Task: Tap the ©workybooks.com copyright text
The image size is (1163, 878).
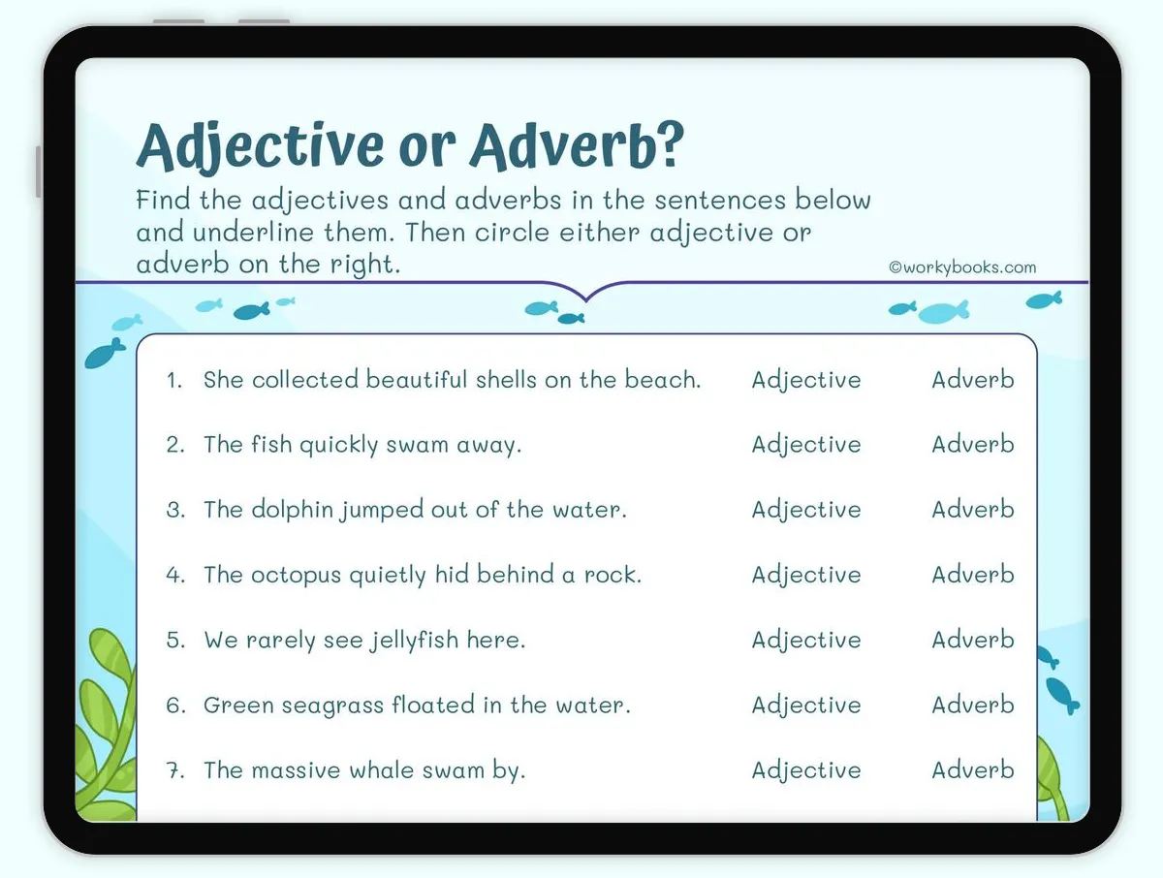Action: point(962,267)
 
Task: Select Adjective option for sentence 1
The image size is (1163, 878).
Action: point(805,381)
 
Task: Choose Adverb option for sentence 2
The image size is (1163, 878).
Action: point(973,445)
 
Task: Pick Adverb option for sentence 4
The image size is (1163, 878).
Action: point(973,575)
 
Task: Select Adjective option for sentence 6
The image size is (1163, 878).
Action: point(805,706)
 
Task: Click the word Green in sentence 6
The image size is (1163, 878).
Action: point(231,706)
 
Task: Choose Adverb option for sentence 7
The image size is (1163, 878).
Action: point(973,770)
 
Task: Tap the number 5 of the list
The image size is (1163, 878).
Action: point(174,641)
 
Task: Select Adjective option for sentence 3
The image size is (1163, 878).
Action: point(805,510)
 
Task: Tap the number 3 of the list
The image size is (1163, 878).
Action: point(174,511)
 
